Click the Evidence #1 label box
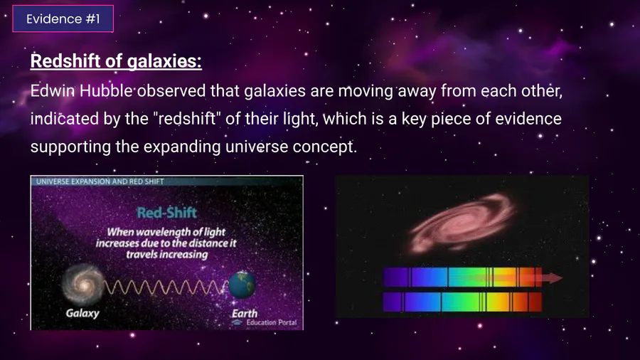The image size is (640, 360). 63,18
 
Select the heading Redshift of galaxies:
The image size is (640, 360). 116,61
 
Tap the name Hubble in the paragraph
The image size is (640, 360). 106,90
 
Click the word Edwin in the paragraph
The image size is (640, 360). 52,90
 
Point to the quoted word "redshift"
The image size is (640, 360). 187,118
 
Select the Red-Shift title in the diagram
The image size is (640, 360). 166,213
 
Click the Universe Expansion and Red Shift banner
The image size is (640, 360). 100,181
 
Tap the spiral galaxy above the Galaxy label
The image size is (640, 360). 83,285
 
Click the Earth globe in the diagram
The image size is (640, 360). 242,285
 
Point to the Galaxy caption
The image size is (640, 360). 82,313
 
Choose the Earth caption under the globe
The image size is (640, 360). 245,314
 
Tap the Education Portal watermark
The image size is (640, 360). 265,322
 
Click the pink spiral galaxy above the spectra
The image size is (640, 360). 463,223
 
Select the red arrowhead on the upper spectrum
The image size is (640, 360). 553,278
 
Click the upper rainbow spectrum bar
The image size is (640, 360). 462,277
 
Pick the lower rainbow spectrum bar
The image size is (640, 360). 462,302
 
